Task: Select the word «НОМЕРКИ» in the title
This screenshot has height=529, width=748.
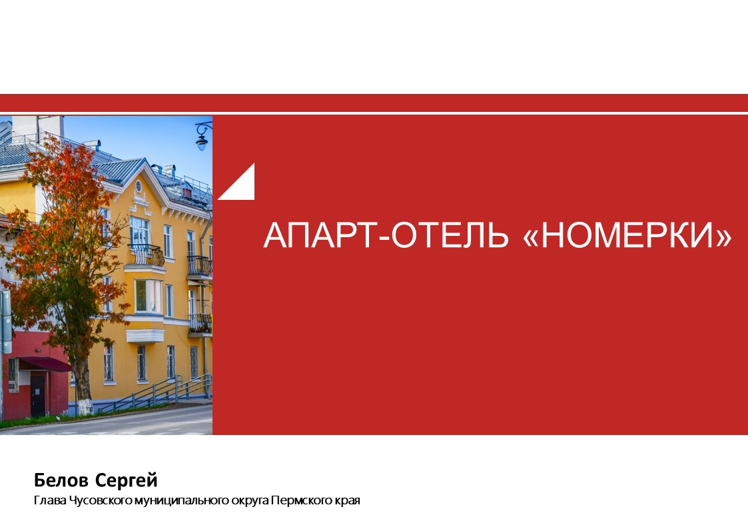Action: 627,235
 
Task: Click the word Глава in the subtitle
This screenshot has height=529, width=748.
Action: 50,500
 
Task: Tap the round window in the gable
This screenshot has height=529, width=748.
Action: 139,186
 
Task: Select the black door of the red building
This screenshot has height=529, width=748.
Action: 38,395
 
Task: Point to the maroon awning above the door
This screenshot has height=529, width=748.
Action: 45,364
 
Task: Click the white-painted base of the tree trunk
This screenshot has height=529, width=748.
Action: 85,406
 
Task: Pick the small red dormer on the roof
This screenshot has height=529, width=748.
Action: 187,193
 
